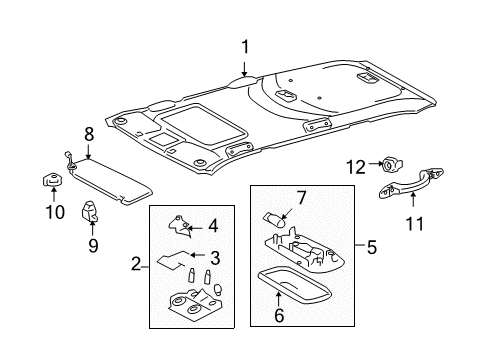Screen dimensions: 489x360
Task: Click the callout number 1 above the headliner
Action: pos(245,47)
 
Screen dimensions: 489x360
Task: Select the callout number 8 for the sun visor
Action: pos(89,135)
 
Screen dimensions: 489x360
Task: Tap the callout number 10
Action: pos(55,212)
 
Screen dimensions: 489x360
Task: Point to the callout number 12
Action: pos(356,167)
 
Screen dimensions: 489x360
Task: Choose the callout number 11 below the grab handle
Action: pos(415,224)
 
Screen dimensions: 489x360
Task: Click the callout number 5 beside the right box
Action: pos(372,247)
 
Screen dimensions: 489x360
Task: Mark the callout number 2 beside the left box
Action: pos(136,264)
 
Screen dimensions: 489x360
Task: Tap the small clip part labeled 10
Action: pos(52,180)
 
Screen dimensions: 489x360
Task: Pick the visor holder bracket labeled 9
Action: pos(89,211)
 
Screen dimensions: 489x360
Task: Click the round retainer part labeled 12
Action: pos(392,165)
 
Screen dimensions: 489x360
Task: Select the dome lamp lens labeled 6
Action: pos(295,283)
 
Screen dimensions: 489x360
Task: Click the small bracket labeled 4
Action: pos(181,226)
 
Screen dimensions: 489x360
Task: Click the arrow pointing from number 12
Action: pos(375,163)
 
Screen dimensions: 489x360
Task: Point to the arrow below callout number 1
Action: pos(245,69)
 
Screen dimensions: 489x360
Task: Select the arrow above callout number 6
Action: pos(278,299)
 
